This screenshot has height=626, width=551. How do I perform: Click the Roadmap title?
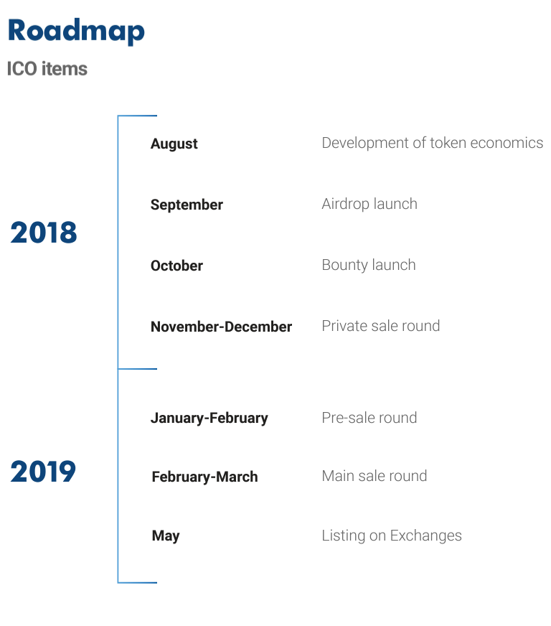[76, 31]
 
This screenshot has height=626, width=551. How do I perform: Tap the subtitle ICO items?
[47, 69]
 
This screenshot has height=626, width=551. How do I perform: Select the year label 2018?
[44, 233]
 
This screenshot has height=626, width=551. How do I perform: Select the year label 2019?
[43, 472]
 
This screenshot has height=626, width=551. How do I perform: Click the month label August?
[174, 144]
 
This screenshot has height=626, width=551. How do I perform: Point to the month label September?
[187, 205]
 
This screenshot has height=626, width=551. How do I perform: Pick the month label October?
[176, 266]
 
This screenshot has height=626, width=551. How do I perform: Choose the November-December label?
[222, 327]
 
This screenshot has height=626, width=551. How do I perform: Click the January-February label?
[209, 419]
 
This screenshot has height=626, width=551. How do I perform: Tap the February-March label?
[204, 477]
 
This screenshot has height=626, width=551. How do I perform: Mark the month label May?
[166, 536]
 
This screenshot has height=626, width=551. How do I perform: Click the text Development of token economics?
[433, 143]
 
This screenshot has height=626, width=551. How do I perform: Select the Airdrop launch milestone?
[369, 204]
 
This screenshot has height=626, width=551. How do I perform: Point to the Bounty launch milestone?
[369, 266]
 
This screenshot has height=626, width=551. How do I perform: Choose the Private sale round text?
[381, 326]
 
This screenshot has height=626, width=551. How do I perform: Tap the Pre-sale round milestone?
[369, 418]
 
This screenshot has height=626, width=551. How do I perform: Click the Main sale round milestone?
[375, 476]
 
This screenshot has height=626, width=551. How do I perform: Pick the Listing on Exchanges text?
[392, 536]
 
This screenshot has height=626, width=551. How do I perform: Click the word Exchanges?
[425, 536]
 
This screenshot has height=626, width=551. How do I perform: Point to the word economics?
[507, 143]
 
